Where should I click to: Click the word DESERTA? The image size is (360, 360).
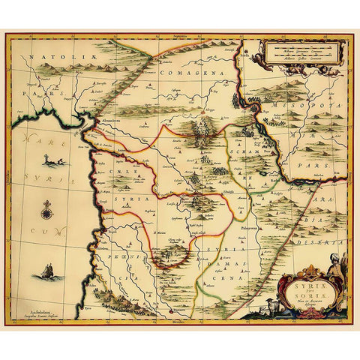tap(325, 232)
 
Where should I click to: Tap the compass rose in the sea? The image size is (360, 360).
tap(46, 211)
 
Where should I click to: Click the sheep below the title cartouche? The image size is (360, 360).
tap(310, 307)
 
